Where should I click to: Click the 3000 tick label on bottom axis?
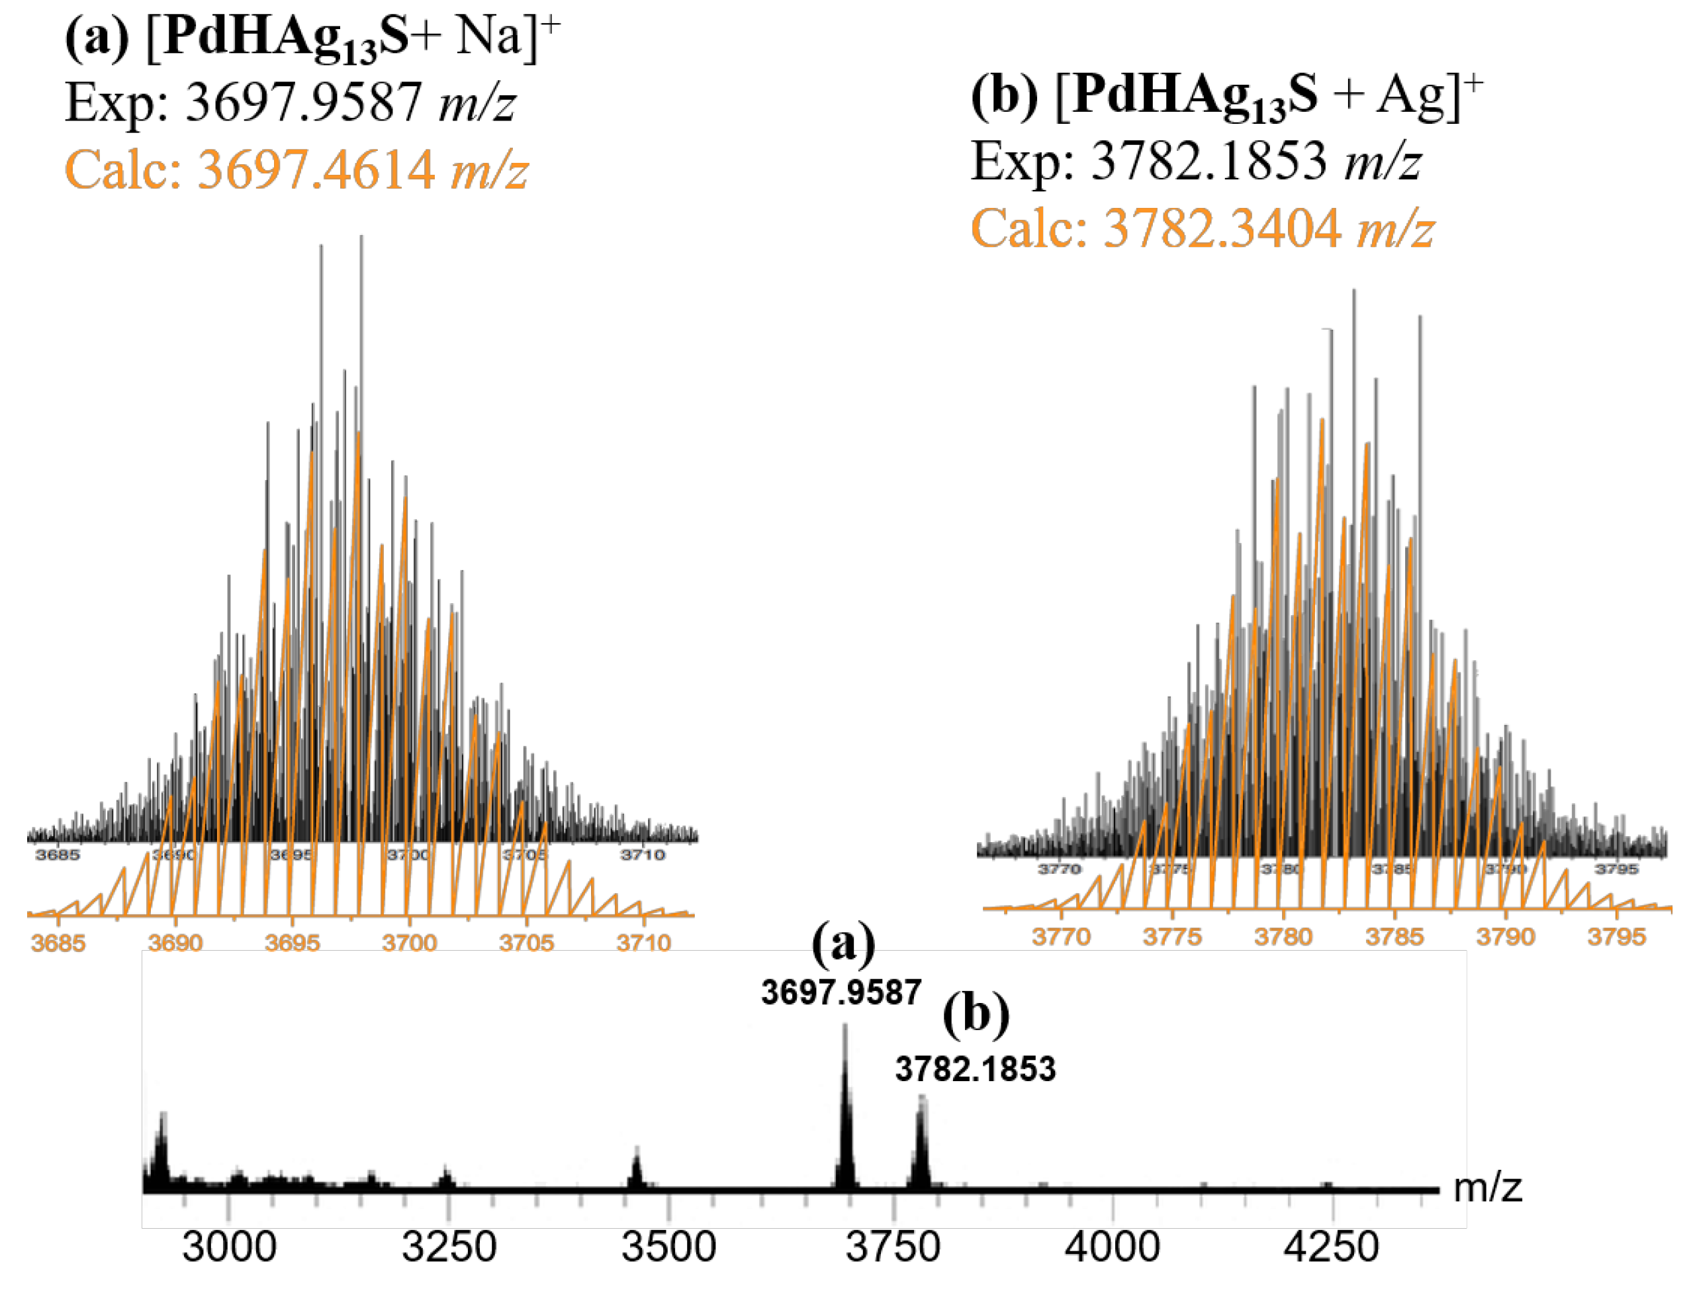coord(228,1247)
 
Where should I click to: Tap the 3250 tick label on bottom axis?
coord(449,1247)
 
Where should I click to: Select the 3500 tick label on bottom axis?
coord(668,1247)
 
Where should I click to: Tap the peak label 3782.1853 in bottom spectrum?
coord(975,1069)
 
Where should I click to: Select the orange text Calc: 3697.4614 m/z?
coord(296,169)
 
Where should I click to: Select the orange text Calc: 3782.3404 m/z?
coord(1202,228)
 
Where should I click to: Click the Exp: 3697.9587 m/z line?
coord(290,102)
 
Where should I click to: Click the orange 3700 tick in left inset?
coord(409,943)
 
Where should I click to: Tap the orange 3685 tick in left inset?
coord(58,943)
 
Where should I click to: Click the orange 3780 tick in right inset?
coord(1283,937)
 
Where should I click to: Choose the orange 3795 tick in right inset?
coord(1616,937)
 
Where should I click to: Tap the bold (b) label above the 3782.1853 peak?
coord(976,1015)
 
